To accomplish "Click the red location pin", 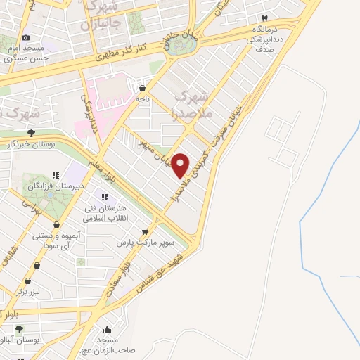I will [181, 166].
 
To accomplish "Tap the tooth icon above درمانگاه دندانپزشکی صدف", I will [265, 18].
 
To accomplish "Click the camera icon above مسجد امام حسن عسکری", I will [26, 38].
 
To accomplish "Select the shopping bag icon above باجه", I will [143, 89].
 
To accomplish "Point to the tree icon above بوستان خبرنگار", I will [31, 132].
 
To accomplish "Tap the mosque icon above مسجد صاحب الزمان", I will [107, 328].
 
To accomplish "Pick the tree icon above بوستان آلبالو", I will [19, 328].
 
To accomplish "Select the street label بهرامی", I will [31, 206].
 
